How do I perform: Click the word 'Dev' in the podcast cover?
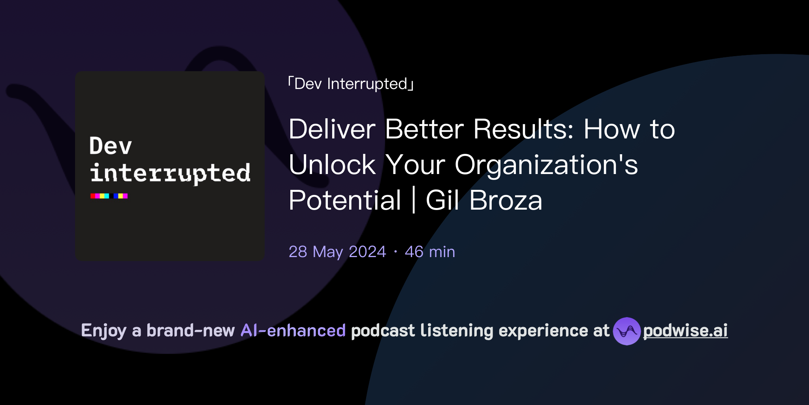point(111,146)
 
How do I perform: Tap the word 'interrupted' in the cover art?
point(170,173)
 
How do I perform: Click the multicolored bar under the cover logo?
point(109,196)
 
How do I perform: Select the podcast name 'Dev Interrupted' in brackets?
point(351,84)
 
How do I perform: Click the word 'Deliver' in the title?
point(332,129)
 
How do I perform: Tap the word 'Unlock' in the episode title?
point(332,165)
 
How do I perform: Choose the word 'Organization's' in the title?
point(546,165)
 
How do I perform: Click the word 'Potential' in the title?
point(345,200)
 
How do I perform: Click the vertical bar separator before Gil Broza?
point(414,200)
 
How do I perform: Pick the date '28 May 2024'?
point(337,252)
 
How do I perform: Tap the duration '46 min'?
point(430,252)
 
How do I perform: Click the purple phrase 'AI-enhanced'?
point(293,331)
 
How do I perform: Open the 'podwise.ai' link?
point(685,331)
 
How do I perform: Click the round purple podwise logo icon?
point(627,331)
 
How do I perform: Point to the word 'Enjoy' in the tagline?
point(103,331)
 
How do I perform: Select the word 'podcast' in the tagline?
point(383,331)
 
